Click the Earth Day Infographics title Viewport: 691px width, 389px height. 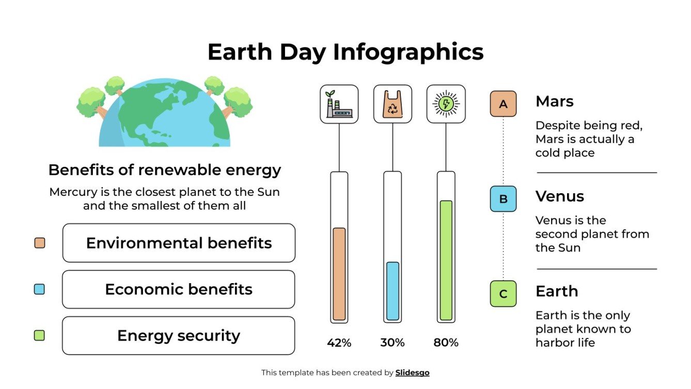point(345,52)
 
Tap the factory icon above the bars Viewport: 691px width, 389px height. point(339,104)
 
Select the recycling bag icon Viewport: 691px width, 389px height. point(392,104)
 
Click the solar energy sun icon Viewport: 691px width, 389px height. point(446,104)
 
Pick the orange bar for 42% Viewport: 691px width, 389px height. point(339,274)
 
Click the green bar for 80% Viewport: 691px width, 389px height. point(446,260)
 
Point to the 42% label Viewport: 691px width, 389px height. point(339,343)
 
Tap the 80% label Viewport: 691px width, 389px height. point(446,343)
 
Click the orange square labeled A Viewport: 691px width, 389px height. point(503,104)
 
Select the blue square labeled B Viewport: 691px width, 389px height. point(503,199)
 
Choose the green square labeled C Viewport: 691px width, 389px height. point(503,294)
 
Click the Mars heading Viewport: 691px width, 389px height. point(554,101)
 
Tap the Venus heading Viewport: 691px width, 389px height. point(559,196)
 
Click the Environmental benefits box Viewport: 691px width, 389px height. point(179,243)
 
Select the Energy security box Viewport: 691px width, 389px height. point(179,336)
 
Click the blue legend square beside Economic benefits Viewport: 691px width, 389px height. point(39,289)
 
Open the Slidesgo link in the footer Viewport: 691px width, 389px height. point(412,372)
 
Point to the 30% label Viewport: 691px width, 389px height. point(392,343)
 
